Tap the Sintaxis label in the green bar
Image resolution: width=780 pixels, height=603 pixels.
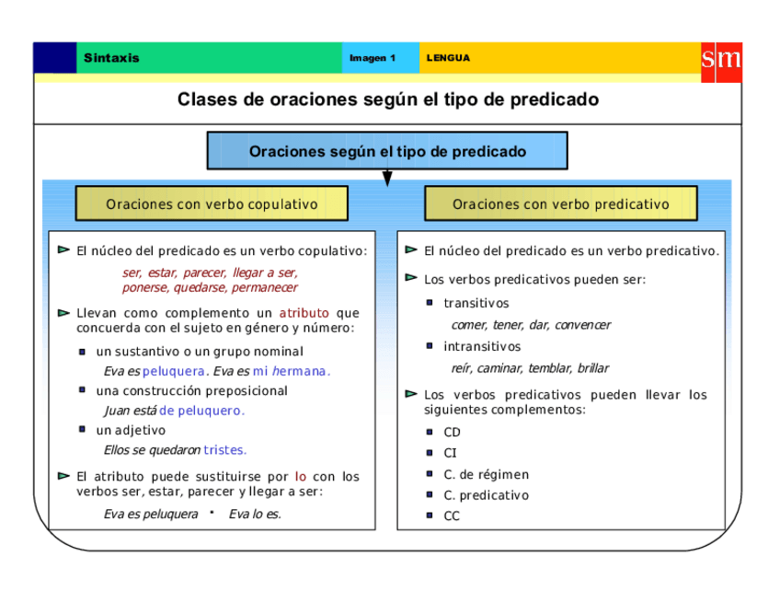tap(111, 58)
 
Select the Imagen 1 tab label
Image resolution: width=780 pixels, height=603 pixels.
tap(373, 58)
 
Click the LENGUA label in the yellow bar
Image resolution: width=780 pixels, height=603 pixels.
tap(448, 58)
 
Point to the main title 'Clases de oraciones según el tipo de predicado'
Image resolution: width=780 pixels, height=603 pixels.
tap(388, 99)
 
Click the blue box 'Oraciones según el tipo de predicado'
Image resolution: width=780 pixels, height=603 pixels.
tap(387, 151)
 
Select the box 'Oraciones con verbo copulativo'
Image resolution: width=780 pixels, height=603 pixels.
tap(212, 204)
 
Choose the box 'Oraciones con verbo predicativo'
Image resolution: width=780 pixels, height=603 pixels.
tap(560, 204)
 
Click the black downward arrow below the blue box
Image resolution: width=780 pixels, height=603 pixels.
tap(387, 178)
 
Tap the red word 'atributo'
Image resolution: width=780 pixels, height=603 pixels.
tap(304, 313)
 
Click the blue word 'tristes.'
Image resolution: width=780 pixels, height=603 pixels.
tap(225, 450)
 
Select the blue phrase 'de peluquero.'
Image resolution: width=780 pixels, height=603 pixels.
tap(201, 411)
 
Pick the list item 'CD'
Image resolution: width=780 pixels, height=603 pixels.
tap(452, 433)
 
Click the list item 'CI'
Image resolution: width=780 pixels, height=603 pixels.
tap(450, 453)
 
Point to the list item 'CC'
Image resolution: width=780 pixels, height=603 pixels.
tap(452, 516)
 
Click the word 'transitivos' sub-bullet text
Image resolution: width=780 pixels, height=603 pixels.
tap(476, 304)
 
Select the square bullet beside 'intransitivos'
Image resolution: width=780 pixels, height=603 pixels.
tap(430, 346)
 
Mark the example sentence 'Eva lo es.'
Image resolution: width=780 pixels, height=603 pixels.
tap(255, 515)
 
